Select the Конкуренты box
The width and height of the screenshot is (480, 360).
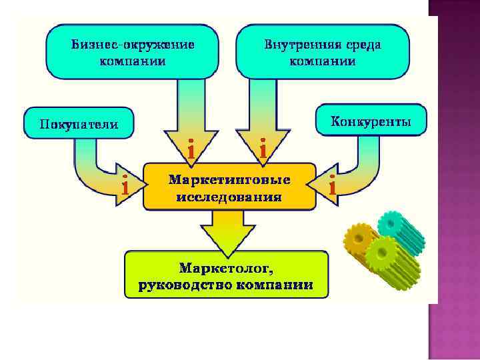[371, 121]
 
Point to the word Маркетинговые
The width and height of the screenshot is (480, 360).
[229, 180]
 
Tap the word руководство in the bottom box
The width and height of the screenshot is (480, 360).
[182, 285]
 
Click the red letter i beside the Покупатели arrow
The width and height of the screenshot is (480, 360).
[125, 186]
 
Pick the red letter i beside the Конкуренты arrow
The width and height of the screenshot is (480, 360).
[331, 186]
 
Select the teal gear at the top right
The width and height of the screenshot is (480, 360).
[399, 231]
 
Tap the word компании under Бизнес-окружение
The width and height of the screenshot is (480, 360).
[133, 61]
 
